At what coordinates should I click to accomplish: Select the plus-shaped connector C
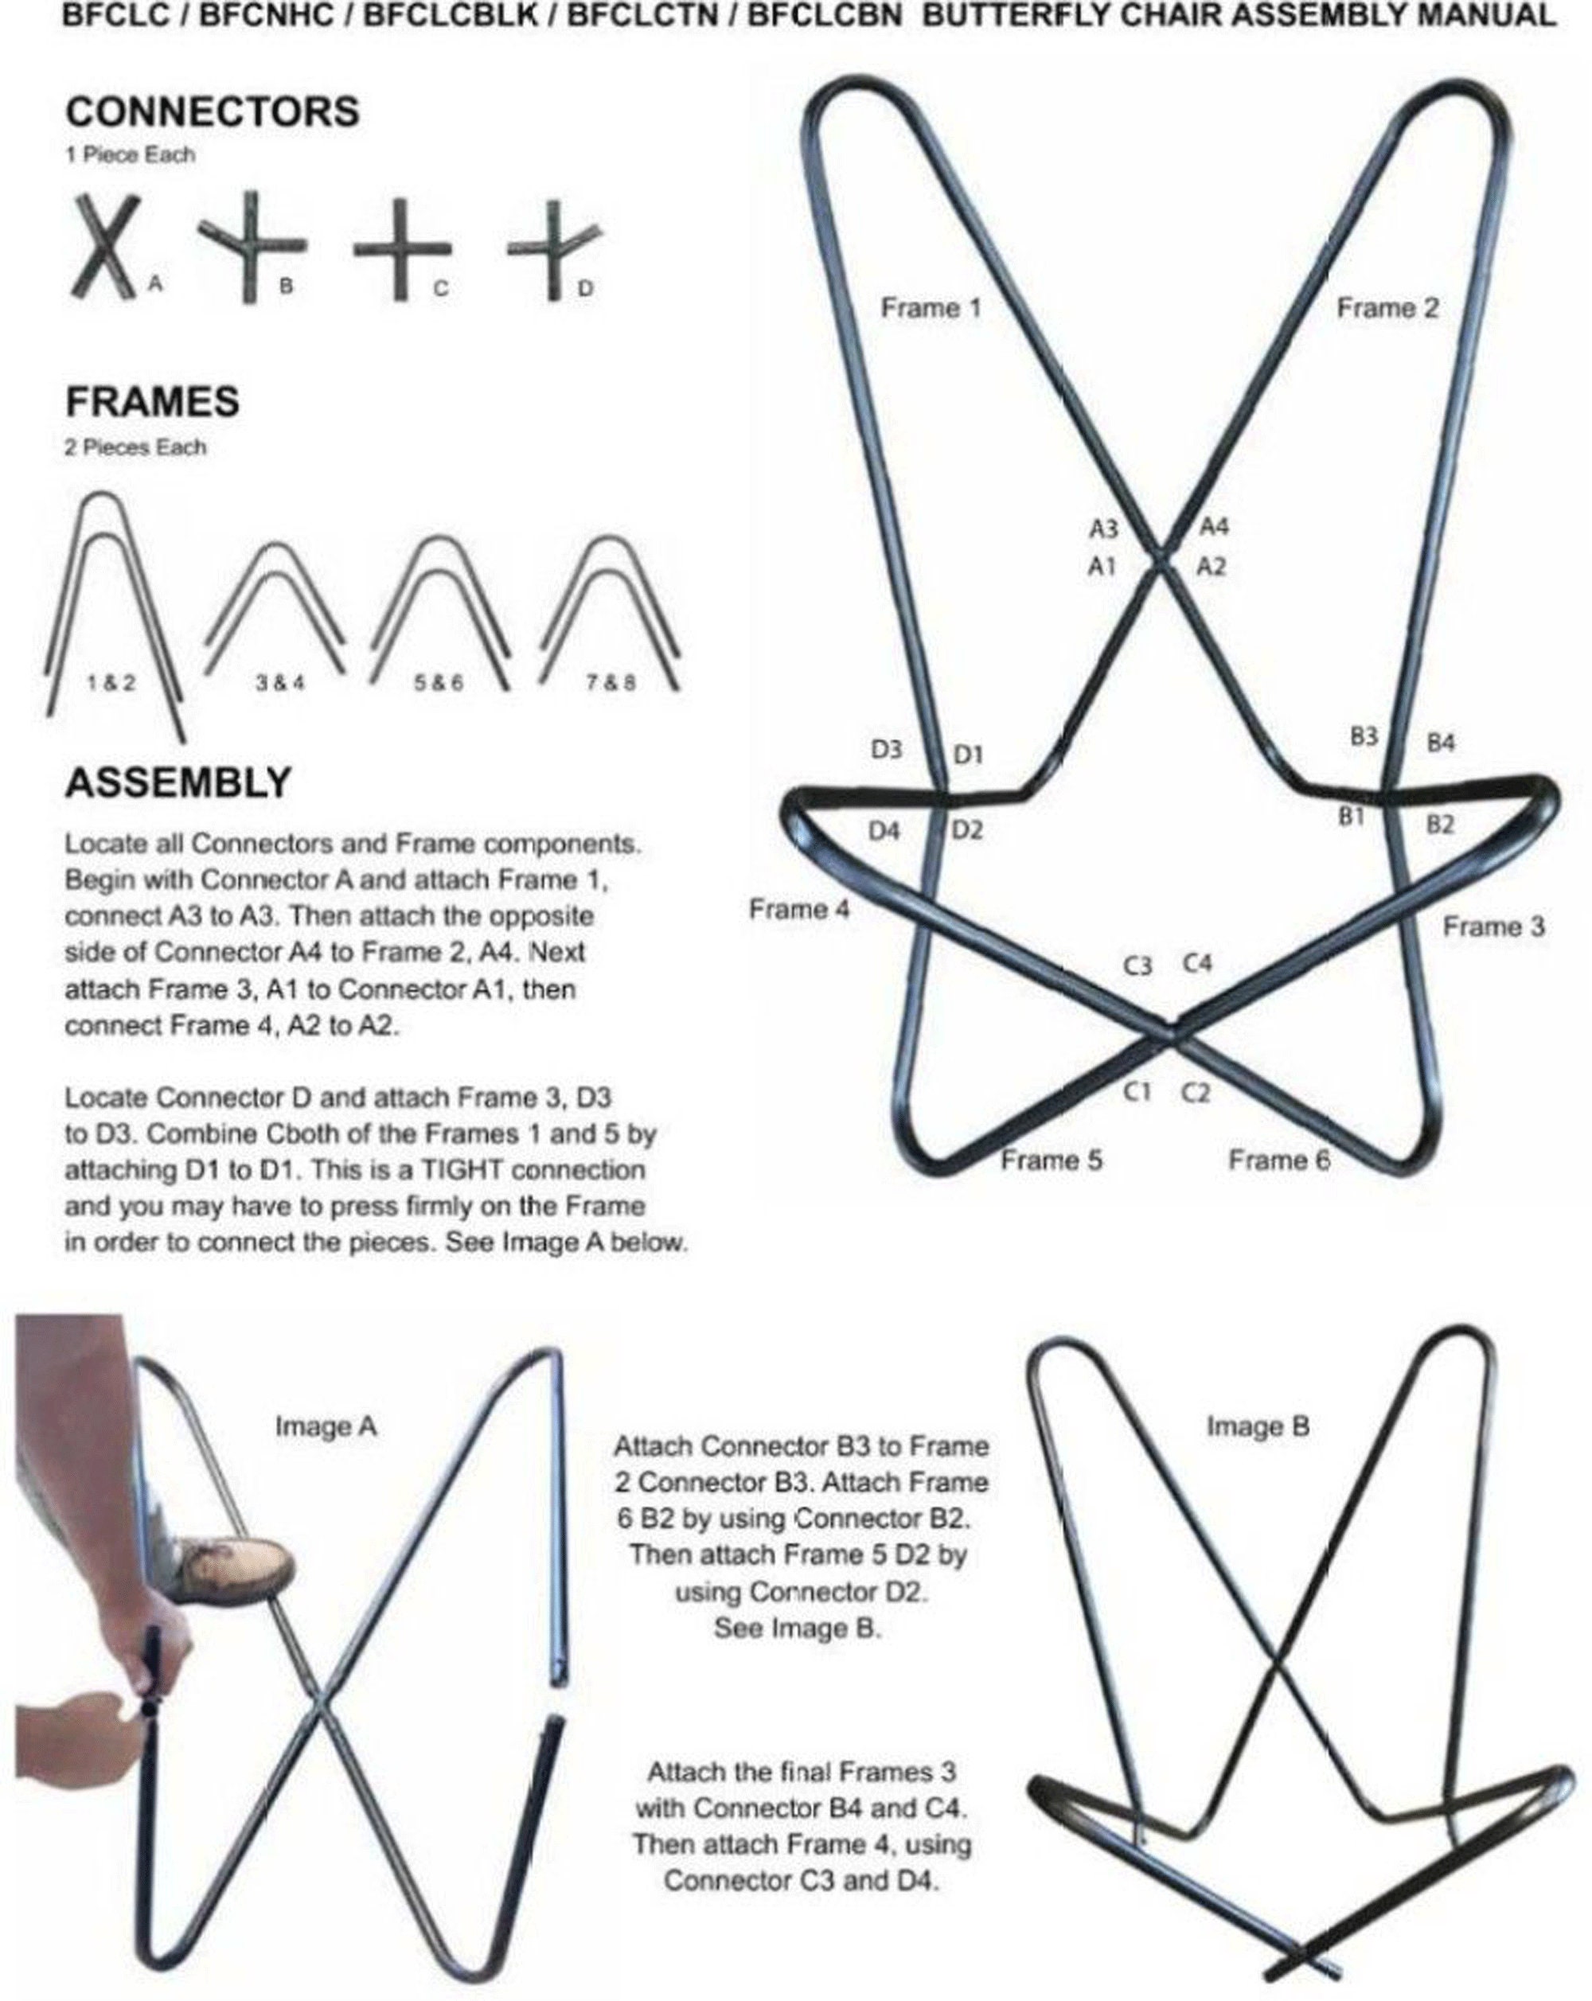[402, 250]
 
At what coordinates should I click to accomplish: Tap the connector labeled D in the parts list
[552, 250]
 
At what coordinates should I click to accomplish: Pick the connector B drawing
[247, 245]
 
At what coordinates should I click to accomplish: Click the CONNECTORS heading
[213, 112]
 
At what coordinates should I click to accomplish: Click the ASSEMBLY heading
[178, 782]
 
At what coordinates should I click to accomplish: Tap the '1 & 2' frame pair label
[111, 682]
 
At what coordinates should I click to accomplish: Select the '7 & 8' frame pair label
[610, 682]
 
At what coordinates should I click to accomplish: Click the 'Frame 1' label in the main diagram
[931, 307]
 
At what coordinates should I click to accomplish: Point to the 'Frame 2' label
[1386, 307]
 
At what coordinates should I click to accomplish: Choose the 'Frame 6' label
[1278, 1160]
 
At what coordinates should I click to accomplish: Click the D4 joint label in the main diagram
[884, 831]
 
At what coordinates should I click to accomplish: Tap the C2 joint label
[1196, 1094]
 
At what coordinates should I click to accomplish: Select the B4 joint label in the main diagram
[1440, 743]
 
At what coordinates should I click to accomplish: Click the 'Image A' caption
[326, 1426]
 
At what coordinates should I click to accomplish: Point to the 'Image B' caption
[1257, 1426]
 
